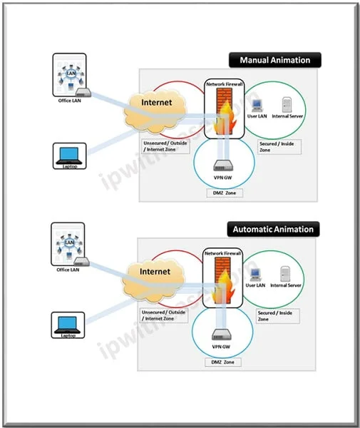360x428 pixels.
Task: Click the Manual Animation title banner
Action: [274, 61]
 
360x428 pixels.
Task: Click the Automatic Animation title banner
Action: [272, 230]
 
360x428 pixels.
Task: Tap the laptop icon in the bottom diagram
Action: [69, 323]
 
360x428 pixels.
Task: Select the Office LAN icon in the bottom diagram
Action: [69, 244]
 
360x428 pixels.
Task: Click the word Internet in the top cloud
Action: [156, 103]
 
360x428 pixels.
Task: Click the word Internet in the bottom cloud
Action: [156, 272]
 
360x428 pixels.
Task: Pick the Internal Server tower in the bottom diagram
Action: [285, 273]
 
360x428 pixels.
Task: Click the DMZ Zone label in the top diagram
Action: [224, 193]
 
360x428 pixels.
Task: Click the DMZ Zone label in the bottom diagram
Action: [224, 362]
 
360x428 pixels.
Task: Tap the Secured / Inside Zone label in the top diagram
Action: [279, 147]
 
